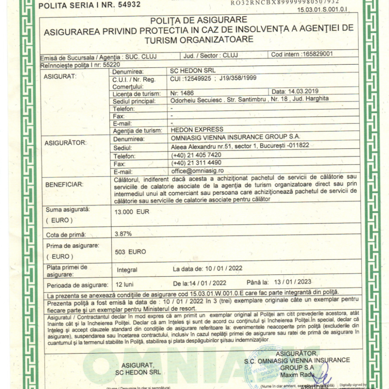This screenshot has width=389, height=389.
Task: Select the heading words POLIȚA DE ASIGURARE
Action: tap(199, 20)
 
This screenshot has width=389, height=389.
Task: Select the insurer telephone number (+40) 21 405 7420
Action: tap(196, 155)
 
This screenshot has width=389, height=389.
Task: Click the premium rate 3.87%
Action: tap(123, 234)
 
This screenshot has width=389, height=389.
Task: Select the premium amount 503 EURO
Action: tap(130, 251)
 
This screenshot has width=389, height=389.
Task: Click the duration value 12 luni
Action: tap(125, 284)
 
